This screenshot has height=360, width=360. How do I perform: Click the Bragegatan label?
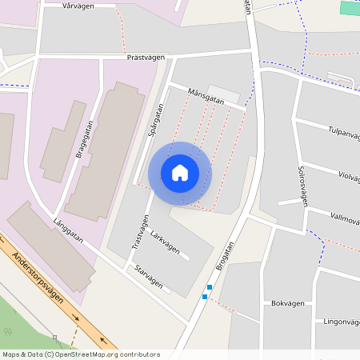coord(84,140)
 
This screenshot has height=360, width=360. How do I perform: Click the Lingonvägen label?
coord(341,322)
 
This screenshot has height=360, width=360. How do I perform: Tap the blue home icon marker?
coord(180,173)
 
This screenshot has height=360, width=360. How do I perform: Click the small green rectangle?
coord(350,7)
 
